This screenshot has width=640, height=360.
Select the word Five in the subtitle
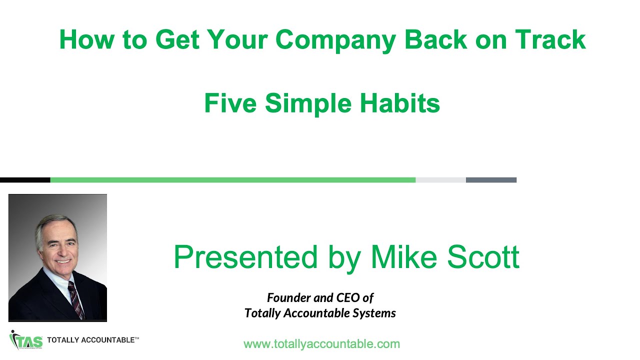(x=230, y=103)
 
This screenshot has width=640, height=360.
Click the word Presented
(x=245, y=257)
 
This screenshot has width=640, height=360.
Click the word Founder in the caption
(x=288, y=298)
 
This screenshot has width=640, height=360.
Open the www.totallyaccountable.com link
(x=321, y=344)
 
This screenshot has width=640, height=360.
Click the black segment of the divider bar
(x=25, y=180)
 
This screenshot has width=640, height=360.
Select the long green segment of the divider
(x=232, y=180)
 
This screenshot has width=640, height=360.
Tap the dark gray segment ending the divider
(x=491, y=180)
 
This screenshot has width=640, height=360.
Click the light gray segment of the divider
(x=440, y=180)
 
